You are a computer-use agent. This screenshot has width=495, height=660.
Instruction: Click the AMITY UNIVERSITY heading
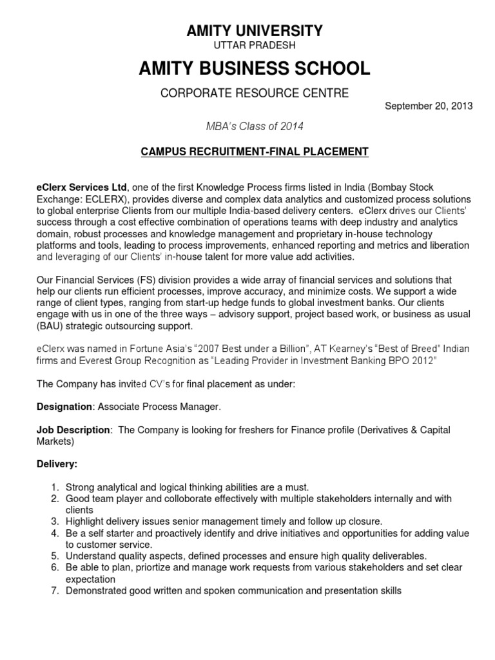click(255, 30)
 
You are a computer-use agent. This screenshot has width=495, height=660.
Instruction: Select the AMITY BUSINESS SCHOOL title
click(255, 68)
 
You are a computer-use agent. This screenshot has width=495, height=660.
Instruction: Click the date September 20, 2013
click(429, 106)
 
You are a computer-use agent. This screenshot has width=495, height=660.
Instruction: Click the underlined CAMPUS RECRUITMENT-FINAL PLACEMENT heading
click(255, 152)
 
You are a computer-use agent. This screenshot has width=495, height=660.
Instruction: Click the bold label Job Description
click(73, 430)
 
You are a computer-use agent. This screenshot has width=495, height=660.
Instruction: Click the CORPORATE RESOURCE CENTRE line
click(255, 93)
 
